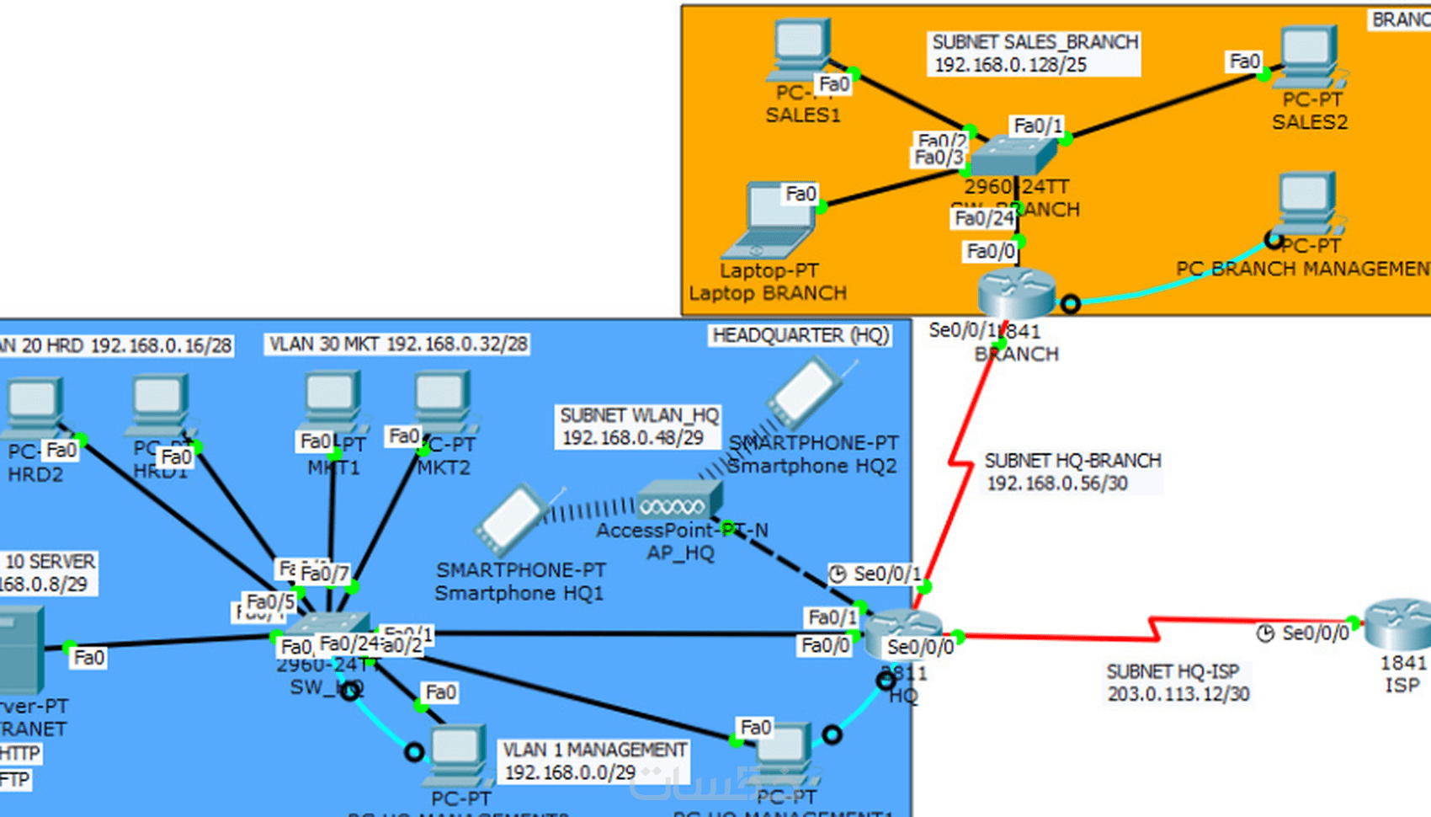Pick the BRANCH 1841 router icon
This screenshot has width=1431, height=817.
pos(1016,294)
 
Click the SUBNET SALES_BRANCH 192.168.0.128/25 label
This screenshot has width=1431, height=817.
pos(1035,53)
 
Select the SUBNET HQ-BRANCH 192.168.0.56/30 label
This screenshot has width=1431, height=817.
pos(1072,472)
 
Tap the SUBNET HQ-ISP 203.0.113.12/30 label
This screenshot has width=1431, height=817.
pos(1177,682)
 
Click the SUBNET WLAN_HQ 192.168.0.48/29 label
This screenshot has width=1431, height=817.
pos(639,426)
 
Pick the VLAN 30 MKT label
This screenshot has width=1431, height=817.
pos(397,344)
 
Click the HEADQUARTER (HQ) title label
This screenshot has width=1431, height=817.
pos(800,335)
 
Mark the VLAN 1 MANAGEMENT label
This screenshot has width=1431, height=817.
pos(594,761)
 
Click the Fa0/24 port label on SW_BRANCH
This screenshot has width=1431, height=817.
pos(984,218)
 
